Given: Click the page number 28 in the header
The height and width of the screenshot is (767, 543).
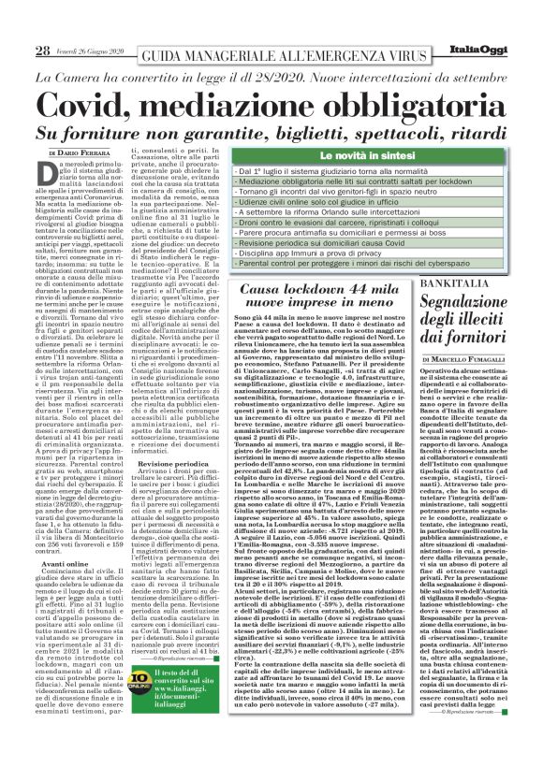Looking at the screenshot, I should coord(41,51).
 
